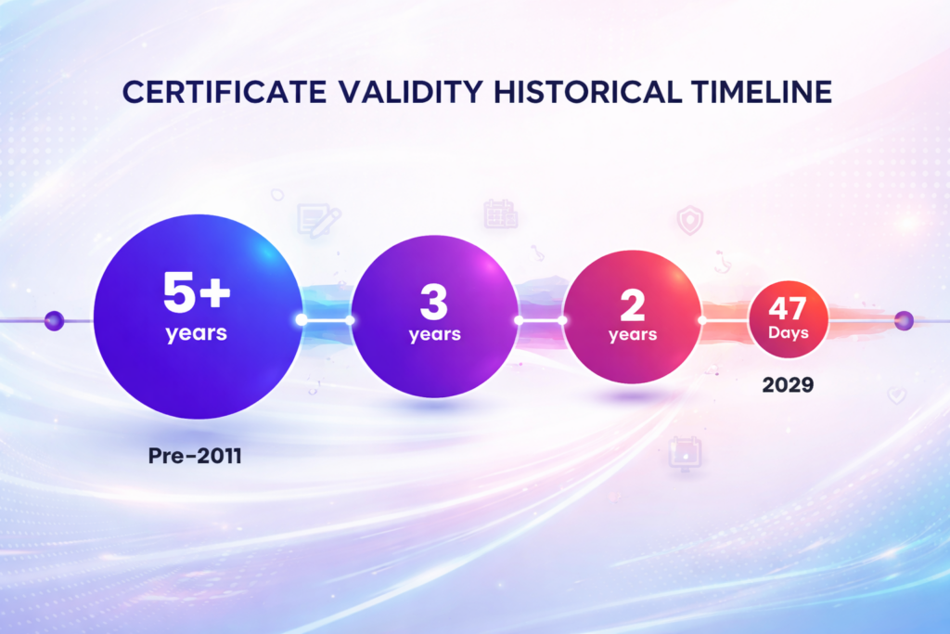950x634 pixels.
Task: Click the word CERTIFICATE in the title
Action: (225, 92)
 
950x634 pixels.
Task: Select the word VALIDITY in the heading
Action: (410, 92)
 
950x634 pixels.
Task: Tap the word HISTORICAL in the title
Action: (587, 92)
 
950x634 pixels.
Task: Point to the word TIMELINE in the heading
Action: (762, 92)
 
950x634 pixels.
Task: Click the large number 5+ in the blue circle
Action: (197, 292)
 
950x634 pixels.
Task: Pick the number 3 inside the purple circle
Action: (434, 302)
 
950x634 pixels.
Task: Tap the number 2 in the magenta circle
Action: (632, 304)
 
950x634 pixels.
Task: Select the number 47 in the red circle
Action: (788, 308)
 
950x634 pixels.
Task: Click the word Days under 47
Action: (789, 333)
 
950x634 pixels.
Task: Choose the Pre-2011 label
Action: (195, 456)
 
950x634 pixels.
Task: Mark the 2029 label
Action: (788, 385)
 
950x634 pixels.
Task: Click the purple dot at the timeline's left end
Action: (54, 320)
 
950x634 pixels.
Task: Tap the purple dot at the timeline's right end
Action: (904, 320)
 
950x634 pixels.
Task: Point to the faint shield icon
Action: (690, 220)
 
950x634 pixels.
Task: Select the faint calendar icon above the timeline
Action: (500, 213)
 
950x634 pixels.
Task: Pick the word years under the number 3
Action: (434, 334)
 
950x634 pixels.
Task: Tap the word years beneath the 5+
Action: (197, 333)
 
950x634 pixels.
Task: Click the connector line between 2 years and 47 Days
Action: (725, 319)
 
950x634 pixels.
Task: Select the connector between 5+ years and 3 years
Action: (326, 319)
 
